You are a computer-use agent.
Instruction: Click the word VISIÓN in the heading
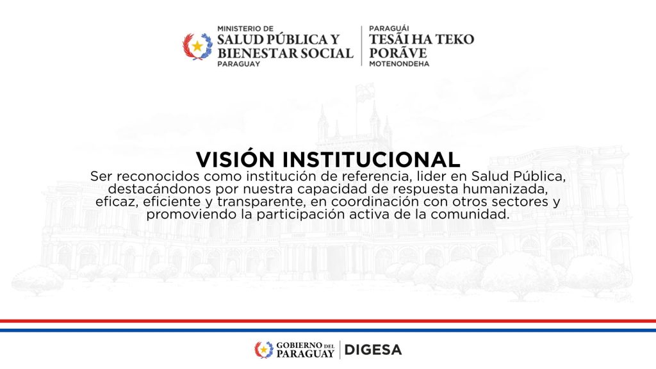click(x=235, y=159)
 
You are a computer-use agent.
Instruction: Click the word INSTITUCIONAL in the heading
click(x=371, y=160)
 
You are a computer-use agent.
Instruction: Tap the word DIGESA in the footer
click(x=373, y=350)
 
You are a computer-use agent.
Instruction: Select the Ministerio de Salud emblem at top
click(x=197, y=46)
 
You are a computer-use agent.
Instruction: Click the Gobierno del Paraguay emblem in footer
click(x=264, y=350)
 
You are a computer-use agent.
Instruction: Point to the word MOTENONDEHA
click(x=399, y=64)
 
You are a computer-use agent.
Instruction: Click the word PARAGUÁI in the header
click(x=389, y=28)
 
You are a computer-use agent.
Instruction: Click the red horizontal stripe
click(x=328, y=322)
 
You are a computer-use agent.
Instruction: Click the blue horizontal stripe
click(x=328, y=330)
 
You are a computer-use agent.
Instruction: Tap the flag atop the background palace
click(x=365, y=93)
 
